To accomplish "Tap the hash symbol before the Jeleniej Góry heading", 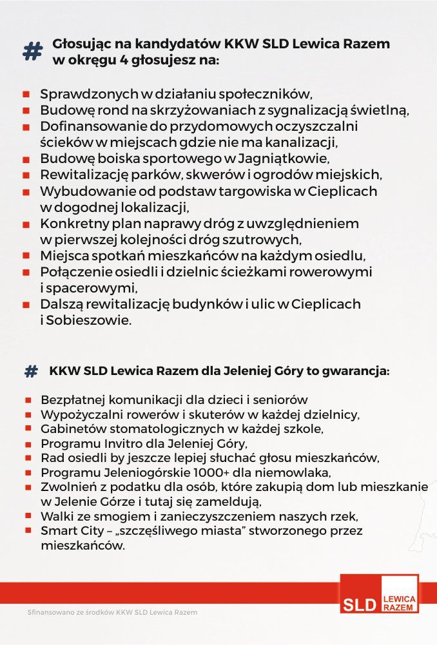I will point(31,372).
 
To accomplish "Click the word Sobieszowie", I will point(91,320).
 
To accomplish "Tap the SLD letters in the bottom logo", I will point(360,604).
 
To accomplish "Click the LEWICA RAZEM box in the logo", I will point(399,603).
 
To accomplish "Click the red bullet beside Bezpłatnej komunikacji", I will point(28,400).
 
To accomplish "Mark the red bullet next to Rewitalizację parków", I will point(26,175).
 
